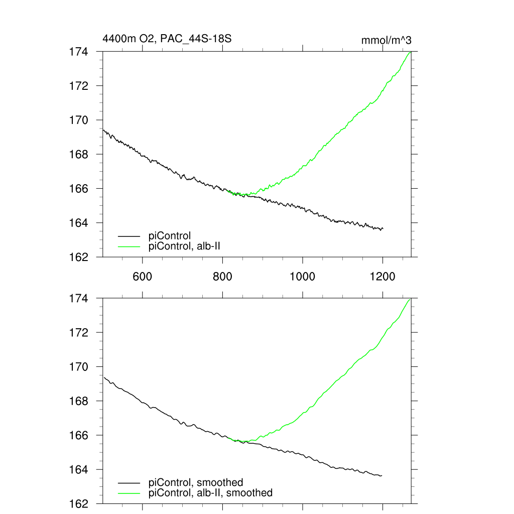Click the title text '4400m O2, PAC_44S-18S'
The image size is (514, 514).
[167, 39]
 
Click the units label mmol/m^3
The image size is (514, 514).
[387, 40]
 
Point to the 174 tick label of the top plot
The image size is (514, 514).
[78, 52]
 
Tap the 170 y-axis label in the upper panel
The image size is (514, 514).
[78, 120]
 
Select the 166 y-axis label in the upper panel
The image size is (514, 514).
[78, 188]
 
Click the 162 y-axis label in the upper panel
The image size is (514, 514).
[78, 256]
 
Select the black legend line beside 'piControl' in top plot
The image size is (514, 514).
[128, 235]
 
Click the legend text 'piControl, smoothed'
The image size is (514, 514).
[196, 483]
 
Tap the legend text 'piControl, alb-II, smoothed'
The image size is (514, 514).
[211, 493]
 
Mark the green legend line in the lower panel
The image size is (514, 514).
[128, 493]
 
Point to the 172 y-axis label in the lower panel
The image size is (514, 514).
[78, 333]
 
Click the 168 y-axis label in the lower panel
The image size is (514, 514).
[78, 401]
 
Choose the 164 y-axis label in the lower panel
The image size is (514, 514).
[78, 469]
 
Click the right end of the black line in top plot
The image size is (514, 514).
[383, 229]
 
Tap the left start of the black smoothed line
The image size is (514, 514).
[103, 377]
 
